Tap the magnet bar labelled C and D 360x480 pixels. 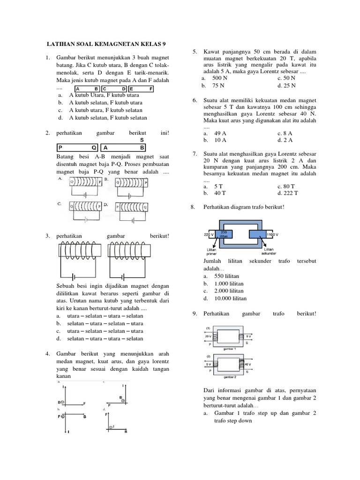[114, 89]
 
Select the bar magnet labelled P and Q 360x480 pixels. [76, 146]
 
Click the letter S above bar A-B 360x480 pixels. [142, 140]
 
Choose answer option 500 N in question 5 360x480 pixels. [220, 78]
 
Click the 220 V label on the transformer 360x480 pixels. [209, 233]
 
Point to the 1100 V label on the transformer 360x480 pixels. [273, 233]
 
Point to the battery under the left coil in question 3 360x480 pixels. [74, 276]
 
